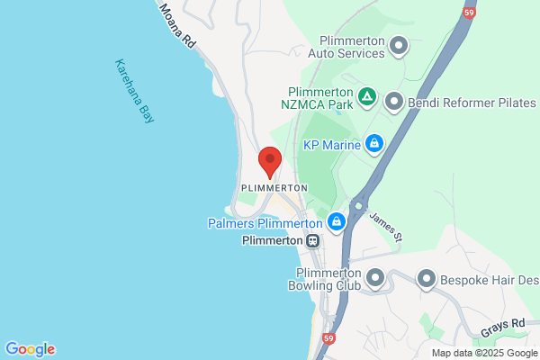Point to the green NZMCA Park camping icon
click(366, 95)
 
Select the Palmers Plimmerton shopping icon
click(337, 221)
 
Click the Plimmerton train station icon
click(312, 241)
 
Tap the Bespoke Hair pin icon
click(426, 279)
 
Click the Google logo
click(30, 349)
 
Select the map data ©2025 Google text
click(483, 352)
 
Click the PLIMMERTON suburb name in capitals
click(274, 188)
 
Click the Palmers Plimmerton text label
click(265, 222)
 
